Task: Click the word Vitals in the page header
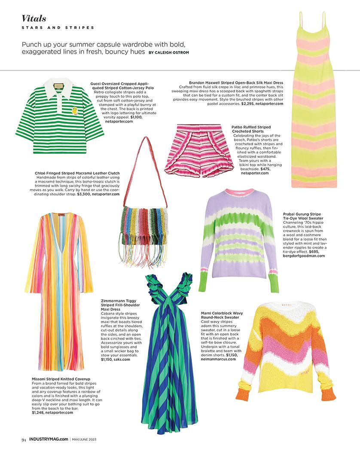tap(34, 18)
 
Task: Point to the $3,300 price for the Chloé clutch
tap(84, 194)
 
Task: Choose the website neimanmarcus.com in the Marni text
tap(219, 359)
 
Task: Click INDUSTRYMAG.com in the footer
tap(49, 439)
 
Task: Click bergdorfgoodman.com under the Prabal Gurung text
tap(304, 256)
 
